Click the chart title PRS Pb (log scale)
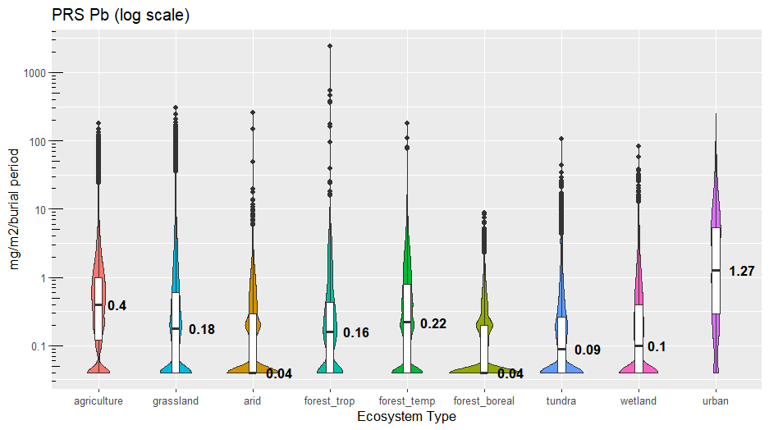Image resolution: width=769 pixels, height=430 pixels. point(121,16)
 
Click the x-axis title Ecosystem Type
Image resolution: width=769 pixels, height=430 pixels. point(406,417)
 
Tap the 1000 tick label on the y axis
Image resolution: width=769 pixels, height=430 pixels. point(34,73)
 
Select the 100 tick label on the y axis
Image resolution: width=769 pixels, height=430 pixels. point(37,141)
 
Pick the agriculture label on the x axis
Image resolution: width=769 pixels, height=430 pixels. point(98,401)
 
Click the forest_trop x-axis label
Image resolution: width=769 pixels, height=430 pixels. point(330,401)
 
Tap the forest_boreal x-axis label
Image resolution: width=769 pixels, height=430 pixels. point(484,401)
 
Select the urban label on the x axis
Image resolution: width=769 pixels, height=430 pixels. point(716,401)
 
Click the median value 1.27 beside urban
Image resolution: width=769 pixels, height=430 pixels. point(741,271)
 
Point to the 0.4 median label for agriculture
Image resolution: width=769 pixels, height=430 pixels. point(117,305)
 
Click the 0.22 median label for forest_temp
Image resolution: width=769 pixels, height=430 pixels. point(433,324)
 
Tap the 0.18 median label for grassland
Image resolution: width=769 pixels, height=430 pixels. point(202,330)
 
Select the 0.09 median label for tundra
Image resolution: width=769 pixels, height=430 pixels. point(588,350)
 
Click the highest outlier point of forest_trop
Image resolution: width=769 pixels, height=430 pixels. point(330,46)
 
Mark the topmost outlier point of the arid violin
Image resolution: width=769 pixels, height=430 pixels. point(253,112)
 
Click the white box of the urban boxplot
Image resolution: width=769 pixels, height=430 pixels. point(716,271)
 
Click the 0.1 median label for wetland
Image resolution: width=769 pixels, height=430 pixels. point(657,347)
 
